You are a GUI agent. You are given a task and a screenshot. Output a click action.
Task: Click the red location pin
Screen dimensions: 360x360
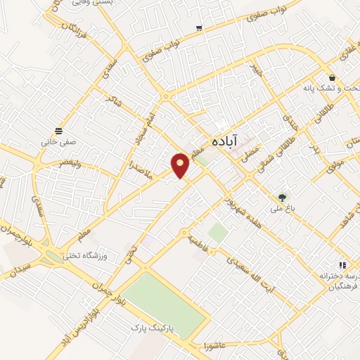pyautogui.click(x=181, y=164)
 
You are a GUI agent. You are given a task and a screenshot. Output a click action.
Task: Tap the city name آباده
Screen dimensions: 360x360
pyautogui.click(x=226, y=141)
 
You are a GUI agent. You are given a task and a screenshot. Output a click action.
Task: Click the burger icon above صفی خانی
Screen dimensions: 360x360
pyautogui.click(x=59, y=130)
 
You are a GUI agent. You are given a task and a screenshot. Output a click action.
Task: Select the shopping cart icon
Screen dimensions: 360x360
pyautogui.click(x=199, y=28)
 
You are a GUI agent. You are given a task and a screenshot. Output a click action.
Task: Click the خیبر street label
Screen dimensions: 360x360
pyautogui.click(x=255, y=68)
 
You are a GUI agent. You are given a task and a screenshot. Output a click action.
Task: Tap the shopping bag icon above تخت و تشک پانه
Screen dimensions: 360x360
pyautogui.click(x=331, y=77)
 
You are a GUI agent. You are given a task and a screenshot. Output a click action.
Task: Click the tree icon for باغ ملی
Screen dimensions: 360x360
pyautogui.click(x=283, y=198)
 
